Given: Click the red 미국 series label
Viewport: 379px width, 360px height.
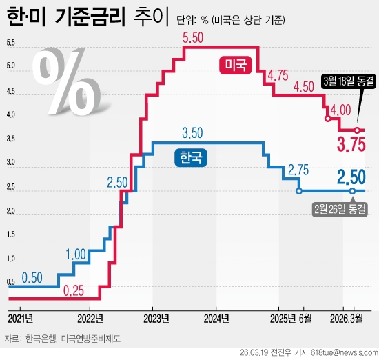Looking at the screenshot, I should click(x=236, y=66).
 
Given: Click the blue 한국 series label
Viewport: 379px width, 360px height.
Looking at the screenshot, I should click(x=189, y=158).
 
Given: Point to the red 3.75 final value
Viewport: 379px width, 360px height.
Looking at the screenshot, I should click(x=350, y=145).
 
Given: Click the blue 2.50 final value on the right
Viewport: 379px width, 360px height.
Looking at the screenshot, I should click(x=351, y=177).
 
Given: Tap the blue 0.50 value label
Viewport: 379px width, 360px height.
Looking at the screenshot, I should click(x=32, y=278).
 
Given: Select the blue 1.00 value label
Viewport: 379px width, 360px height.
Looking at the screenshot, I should click(x=76, y=253).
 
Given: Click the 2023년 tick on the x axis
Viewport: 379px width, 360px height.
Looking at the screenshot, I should click(x=156, y=319).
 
